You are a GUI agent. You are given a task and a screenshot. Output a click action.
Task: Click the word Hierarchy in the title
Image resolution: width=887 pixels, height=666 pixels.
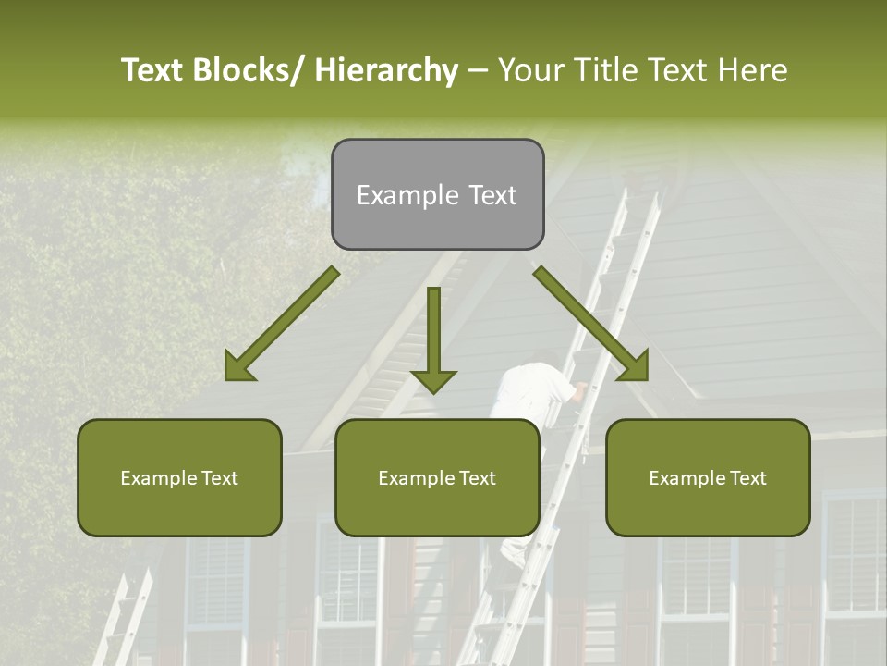click(x=386, y=70)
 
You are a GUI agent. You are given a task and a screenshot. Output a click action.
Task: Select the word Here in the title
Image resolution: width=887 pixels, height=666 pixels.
click(x=755, y=70)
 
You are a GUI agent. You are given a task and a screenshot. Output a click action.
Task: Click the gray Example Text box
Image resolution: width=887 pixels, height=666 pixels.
click(x=437, y=194)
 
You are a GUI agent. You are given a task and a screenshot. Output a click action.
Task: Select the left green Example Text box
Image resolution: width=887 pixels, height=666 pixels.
click(x=179, y=477)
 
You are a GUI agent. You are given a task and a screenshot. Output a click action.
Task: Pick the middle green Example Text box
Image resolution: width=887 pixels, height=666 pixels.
click(x=437, y=477)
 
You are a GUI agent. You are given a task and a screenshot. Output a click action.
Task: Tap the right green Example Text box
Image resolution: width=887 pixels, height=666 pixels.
click(x=708, y=477)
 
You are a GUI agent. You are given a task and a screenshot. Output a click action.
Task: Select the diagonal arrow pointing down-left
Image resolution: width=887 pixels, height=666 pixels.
click(x=281, y=325)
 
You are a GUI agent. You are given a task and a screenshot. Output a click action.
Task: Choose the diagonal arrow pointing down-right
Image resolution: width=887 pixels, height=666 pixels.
click(x=591, y=325)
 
